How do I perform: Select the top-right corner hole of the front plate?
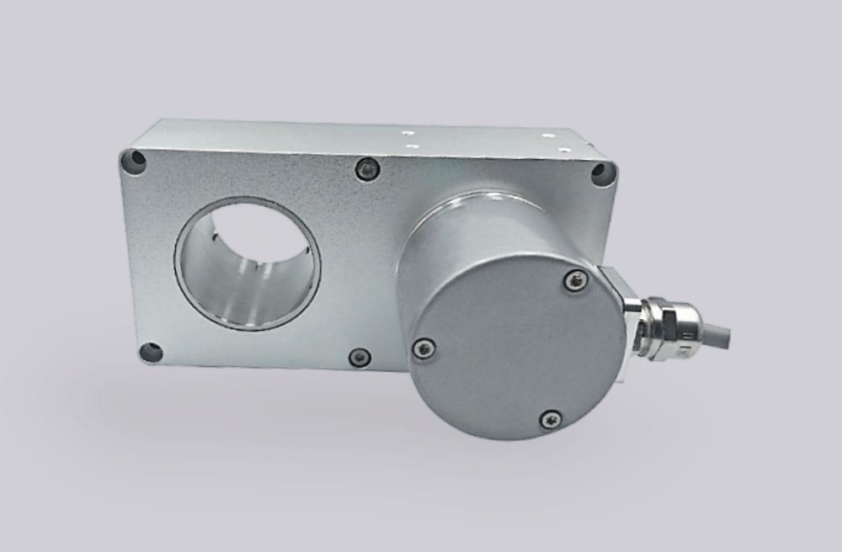[x=603, y=173]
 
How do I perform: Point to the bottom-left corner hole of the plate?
[x=151, y=352]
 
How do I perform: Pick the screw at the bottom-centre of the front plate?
[x=360, y=357]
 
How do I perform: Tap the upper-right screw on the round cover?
[x=576, y=280]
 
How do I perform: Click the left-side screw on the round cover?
[x=424, y=348]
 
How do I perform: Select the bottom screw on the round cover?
[x=551, y=418]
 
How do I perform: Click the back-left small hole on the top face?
[x=408, y=132]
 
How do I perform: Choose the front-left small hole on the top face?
[x=413, y=146]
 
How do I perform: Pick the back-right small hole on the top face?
[x=549, y=135]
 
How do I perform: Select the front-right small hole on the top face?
[x=566, y=150]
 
